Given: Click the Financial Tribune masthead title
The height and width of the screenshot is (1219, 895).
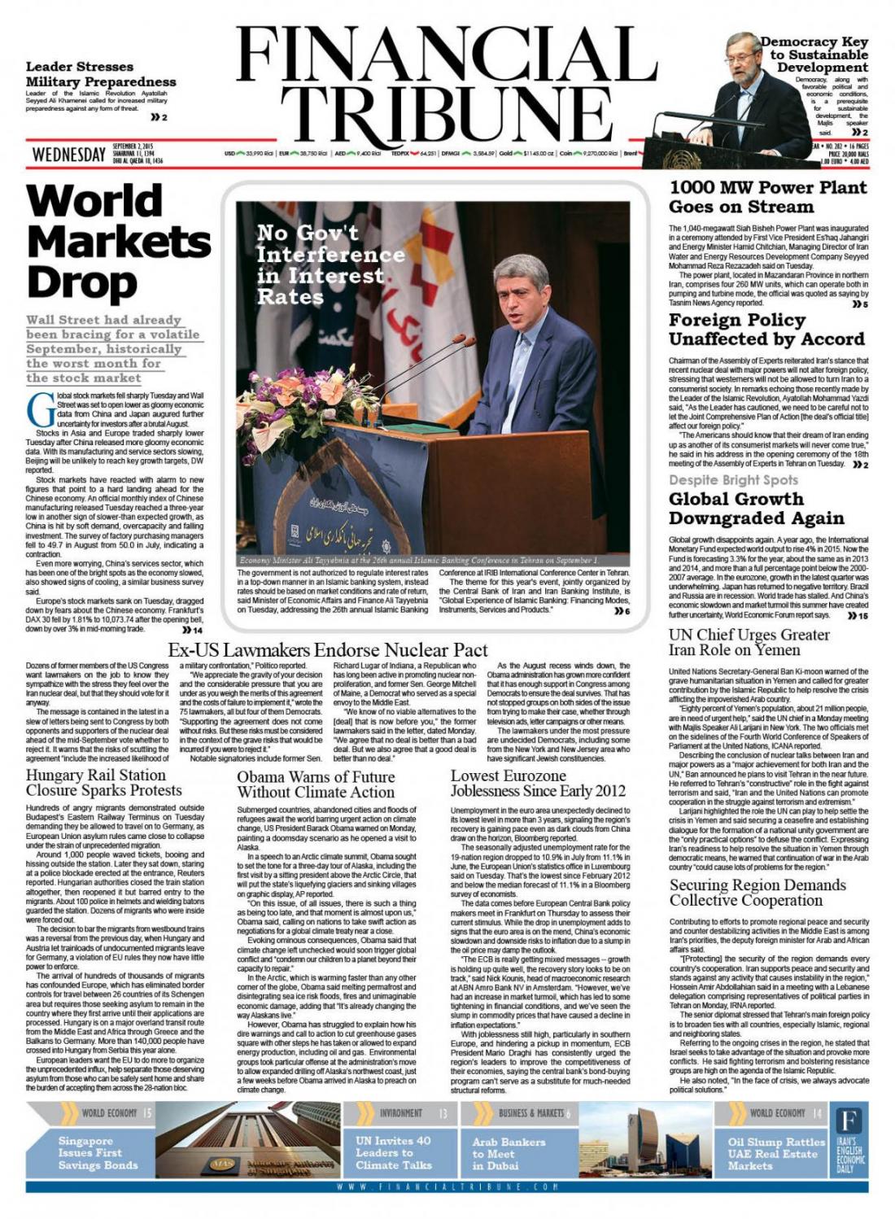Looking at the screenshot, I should (446, 85).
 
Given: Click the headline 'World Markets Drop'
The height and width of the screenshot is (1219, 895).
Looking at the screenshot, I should (118, 241).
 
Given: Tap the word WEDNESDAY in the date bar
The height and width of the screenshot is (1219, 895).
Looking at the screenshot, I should (69, 155).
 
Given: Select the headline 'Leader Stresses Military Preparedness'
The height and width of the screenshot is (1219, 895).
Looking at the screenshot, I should (101, 74).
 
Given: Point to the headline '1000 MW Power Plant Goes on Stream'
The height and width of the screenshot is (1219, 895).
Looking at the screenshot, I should (767, 196).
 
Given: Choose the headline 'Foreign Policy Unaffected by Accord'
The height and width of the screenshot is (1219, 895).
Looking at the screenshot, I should (766, 330).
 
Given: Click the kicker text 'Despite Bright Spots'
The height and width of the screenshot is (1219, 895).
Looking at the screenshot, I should (733, 480).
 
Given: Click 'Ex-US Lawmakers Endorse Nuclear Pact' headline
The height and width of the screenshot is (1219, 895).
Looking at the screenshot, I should (328, 649).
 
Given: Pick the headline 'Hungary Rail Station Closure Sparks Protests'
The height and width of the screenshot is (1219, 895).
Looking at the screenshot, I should (103, 782).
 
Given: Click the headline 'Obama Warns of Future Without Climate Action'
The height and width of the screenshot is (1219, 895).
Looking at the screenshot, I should (316, 784).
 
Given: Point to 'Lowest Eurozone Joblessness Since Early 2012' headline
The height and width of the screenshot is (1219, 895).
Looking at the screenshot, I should (538, 783).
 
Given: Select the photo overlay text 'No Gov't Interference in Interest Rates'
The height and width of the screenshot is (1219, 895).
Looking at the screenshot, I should (330, 264).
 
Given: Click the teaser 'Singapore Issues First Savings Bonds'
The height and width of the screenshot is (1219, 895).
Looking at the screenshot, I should (97, 1152).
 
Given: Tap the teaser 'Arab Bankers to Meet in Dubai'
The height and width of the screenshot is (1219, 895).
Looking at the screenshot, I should (509, 1153).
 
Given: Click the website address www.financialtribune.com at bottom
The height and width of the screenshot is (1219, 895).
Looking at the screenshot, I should (447, 1187).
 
